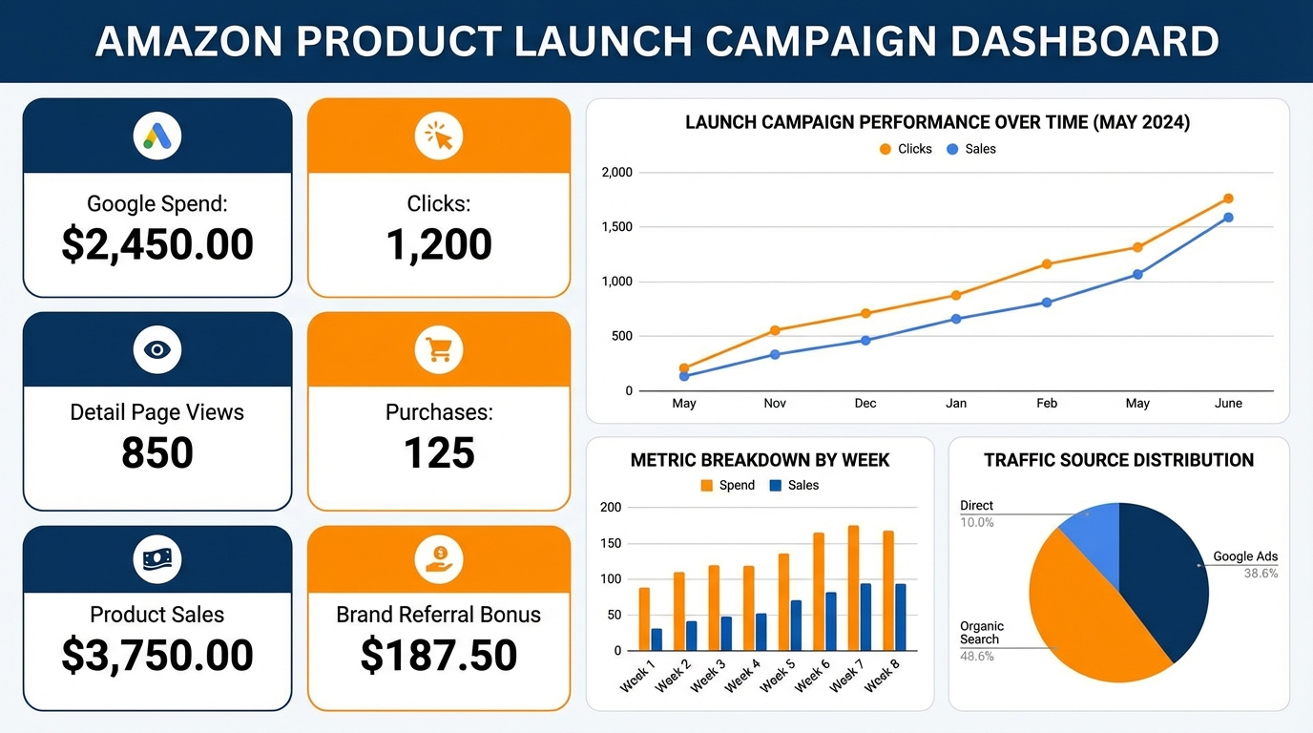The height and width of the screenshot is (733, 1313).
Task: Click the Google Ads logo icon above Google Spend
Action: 157,136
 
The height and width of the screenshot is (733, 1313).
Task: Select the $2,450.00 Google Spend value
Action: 157,244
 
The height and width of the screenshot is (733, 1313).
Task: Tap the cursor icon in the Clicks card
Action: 439,136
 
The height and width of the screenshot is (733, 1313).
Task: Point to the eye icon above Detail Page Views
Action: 157,349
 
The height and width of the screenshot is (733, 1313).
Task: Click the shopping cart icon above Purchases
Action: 439,349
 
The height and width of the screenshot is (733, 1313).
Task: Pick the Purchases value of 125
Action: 439,452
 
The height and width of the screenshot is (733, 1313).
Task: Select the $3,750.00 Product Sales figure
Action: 157,655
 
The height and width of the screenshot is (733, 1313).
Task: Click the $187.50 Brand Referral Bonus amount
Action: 439,655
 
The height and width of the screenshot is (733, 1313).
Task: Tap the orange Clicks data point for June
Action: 1228,199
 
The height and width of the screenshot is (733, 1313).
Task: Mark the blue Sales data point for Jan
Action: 956,319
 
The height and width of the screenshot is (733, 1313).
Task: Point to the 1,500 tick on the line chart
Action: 616,227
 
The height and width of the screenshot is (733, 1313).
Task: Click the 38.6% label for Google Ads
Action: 1261,574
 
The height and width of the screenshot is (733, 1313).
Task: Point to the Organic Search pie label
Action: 981,633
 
